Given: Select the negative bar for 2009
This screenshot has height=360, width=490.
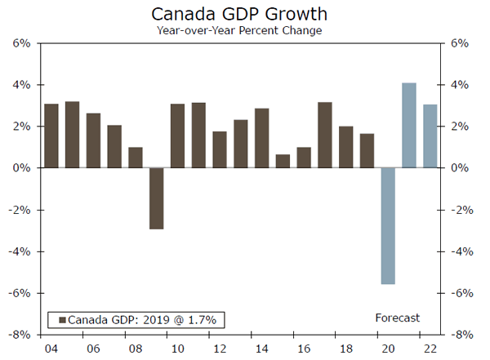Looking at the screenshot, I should coord(157,198).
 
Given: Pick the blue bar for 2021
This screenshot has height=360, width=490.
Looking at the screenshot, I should coord(409,125).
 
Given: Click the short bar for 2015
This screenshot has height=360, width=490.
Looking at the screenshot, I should coord(283,161).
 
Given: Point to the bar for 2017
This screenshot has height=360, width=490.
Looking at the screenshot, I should coord(325,135).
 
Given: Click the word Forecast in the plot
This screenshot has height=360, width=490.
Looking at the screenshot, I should coord(397,318).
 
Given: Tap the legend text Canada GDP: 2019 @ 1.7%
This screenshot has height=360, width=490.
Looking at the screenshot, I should coord(142,319).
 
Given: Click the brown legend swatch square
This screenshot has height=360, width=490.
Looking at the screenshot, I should coord(60,319).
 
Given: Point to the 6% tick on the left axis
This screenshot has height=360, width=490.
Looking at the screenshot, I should coord(22,43).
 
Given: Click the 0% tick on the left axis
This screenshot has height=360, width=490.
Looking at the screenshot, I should coord(22,168).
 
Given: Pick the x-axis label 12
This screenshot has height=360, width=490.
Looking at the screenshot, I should coord(219,348).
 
